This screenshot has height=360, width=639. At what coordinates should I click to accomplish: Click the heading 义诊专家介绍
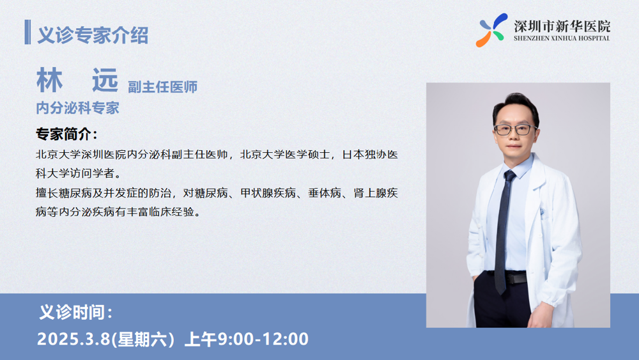pyautogui.click(x=93, y=35)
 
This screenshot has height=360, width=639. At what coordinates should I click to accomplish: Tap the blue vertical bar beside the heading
pyautogui.click(x=27, y=32)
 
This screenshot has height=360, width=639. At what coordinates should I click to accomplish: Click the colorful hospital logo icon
pyautogui.click(x=491, y=30)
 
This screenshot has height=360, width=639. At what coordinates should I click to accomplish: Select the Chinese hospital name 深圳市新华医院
pyautogui.click(x=562, y=26)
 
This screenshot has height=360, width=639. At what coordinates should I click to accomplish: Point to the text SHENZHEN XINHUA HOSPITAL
pyautogui.click(x=562, y=38)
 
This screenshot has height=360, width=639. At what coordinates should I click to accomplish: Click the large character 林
pyautogui.click(x=50, y=81)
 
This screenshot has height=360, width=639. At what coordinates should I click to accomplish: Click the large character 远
pyautogui.click(x=105, y=81)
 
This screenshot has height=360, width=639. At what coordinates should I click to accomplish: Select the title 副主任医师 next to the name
pyautogui.click(x=162, y=87)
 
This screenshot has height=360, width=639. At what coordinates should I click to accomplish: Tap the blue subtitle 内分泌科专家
pyautogui.click(x=77, y=108)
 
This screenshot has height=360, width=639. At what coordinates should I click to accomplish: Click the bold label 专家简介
pyautogui.click(x=67, y=134)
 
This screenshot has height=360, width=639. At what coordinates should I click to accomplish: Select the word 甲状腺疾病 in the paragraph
pyautogui.click(x=268, y=193)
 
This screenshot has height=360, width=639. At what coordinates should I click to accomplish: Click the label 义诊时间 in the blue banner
pyautogui.click(x=76, y=313)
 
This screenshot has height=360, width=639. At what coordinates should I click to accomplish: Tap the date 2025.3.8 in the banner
pyautogui.click(x=73, y=339)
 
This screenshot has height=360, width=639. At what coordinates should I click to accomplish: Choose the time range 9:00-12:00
pyautogui.click(x=263, y=339)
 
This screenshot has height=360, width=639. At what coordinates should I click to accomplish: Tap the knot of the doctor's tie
pyautogui.click(x=510, y=176)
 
